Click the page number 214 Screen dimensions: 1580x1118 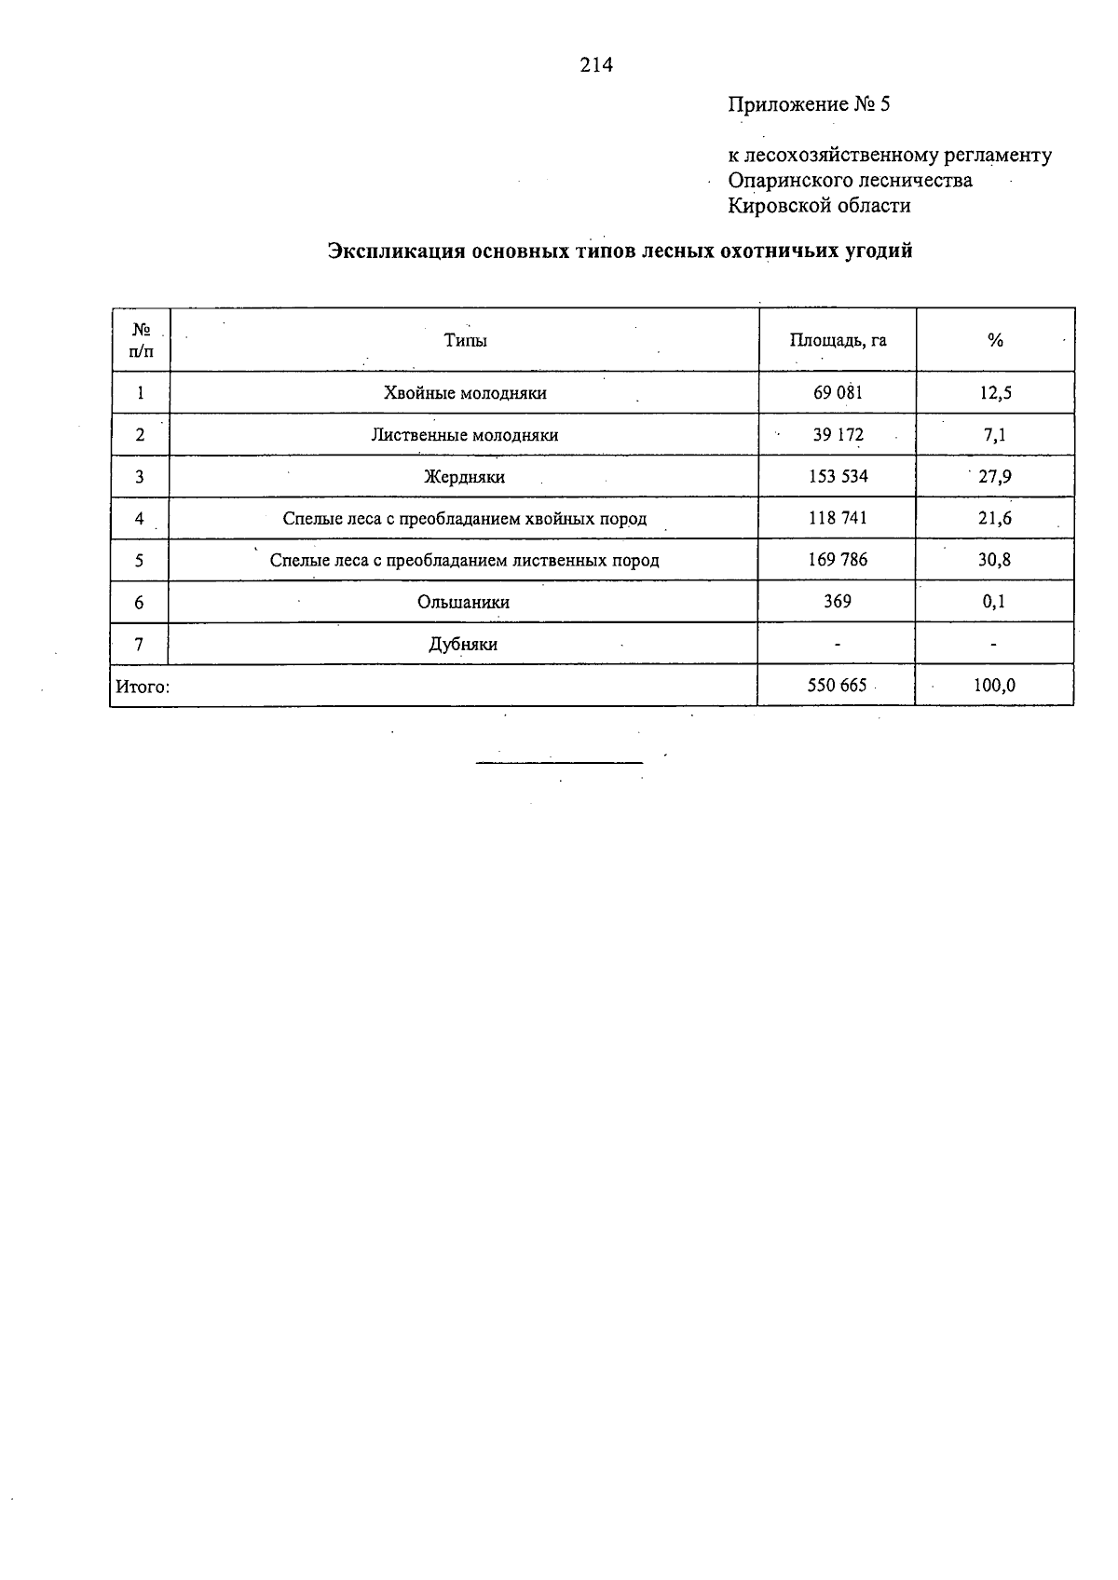pos(596,65)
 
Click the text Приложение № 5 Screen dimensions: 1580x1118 pos(809,104)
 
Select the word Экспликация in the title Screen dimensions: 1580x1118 pos(397,252)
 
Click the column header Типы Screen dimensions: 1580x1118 pos(465,341)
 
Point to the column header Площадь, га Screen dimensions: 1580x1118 pos(838,341)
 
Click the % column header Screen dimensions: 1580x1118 pos(995,341)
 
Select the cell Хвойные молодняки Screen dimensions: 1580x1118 pos(465,393)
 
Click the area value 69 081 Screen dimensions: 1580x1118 pos(838,393)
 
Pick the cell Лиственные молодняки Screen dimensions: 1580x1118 pos(465,435)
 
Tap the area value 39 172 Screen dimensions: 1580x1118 pos(838,435)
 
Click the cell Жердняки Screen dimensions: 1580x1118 pos(465,477)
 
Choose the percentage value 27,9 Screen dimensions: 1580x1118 pos(995,477)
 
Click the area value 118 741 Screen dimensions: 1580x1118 pos(838,519)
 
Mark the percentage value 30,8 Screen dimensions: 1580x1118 pos(995,560)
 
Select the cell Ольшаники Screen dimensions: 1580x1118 pos(464,603)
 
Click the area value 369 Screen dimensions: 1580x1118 pos(838,602)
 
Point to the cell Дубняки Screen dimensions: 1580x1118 pos(463,645)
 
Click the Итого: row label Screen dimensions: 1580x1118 pos(143,688)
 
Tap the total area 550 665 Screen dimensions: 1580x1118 pos(838,687)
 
